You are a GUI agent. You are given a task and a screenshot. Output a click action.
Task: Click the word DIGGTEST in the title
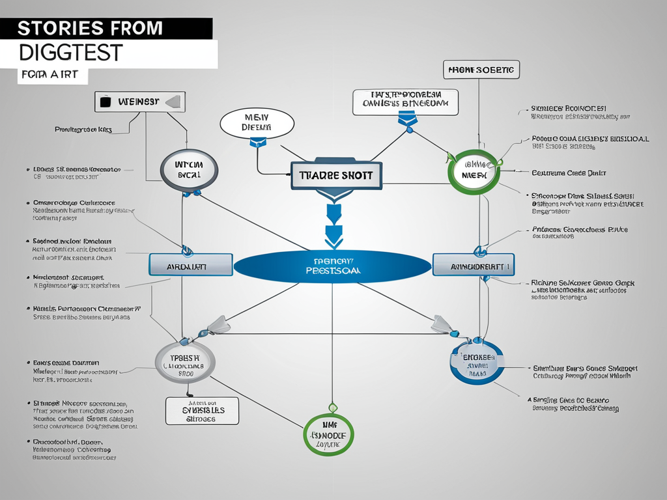pyautogui.click(x=72, y=52)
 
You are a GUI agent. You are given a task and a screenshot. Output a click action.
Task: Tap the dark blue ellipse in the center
pyautogui.click(x=332, y=266)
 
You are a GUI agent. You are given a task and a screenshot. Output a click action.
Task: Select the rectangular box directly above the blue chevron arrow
pyautogui.click(x=336, y=176)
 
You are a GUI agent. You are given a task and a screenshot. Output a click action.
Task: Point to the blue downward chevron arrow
pyautogui.click(x=333, y=228)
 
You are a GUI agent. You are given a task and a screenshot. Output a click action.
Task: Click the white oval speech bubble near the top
pyautogui.click(x=257, y=122)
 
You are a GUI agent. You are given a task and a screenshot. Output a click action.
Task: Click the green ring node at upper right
pyautogui.click(x=475, y=171)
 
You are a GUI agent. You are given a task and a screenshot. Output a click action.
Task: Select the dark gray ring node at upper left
pyautogui.click(x=189, y=170)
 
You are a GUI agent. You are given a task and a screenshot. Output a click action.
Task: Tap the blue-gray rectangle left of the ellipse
pyautogui.click(x=190, y=264)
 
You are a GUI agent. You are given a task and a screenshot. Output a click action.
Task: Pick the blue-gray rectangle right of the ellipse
pyautogui.click(x=474, y=265)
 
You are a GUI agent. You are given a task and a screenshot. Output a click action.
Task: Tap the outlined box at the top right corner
pyautogui.click(x=481, y=70)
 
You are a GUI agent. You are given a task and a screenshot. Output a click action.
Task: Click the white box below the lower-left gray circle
pyautogui.click(x=202, y=411)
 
